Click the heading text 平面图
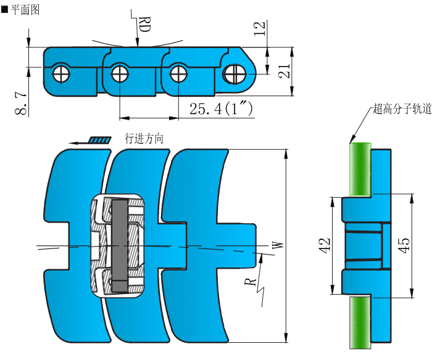(25, 9)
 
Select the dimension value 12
(260, 28)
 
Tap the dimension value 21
(284, 71)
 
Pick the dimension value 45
(404, 245)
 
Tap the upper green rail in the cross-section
(360, 168)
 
